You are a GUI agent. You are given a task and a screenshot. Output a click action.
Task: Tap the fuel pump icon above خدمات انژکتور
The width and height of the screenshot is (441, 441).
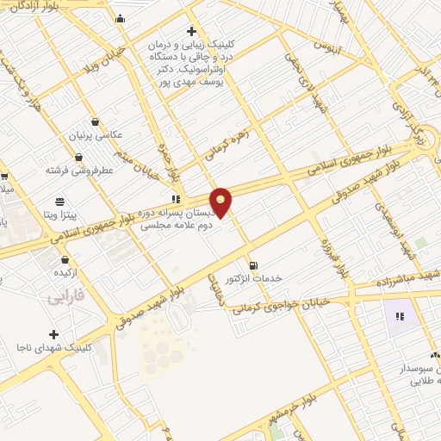[252, 265]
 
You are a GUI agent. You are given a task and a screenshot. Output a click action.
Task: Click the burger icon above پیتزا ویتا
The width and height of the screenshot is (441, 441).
[59, 196]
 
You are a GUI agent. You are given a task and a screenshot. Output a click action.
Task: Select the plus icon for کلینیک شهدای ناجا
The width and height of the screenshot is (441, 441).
[54, 334]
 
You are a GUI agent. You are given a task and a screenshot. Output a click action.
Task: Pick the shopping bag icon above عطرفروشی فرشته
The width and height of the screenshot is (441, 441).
[79, 157]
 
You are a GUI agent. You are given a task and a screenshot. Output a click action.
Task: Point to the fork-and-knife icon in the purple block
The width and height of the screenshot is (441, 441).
[399, 316]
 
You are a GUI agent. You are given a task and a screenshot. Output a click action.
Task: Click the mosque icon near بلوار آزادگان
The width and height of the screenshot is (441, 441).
[120, 19]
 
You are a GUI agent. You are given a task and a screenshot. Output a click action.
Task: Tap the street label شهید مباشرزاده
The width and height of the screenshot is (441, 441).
[405, 281]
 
